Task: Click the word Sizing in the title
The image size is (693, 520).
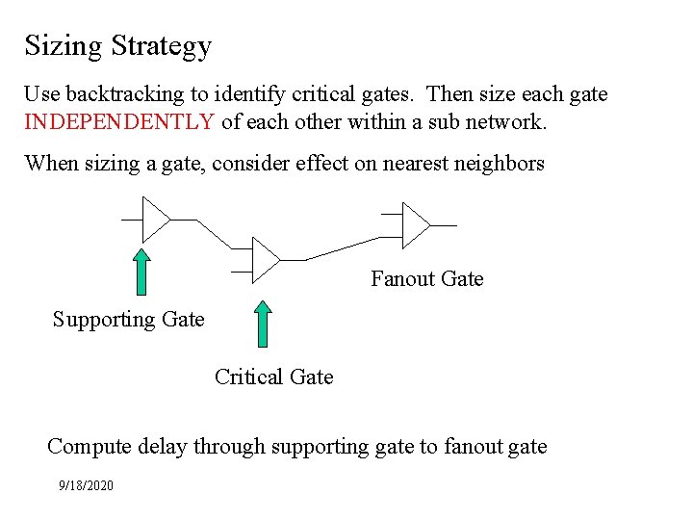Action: [x=64, y=46]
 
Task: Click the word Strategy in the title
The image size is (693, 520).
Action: [x=161, y=46]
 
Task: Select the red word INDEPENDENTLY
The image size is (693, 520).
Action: [x=119, y=121]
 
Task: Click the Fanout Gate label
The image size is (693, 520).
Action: [x=426, y=279]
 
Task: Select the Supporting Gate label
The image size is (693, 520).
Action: [x=128, y=319]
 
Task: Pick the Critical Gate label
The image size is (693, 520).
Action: [x=273, y=377]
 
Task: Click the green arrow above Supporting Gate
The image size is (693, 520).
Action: [x=141, y=271]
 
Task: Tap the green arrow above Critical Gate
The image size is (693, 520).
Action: [x=263, y=323]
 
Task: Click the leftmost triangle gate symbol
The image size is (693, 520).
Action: [x=154, y=220]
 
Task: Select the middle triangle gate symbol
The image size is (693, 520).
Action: [x=264, y=259]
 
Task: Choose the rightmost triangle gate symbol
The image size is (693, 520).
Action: [x=415, y=224]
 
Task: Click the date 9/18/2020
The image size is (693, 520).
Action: [x=86, y=485]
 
